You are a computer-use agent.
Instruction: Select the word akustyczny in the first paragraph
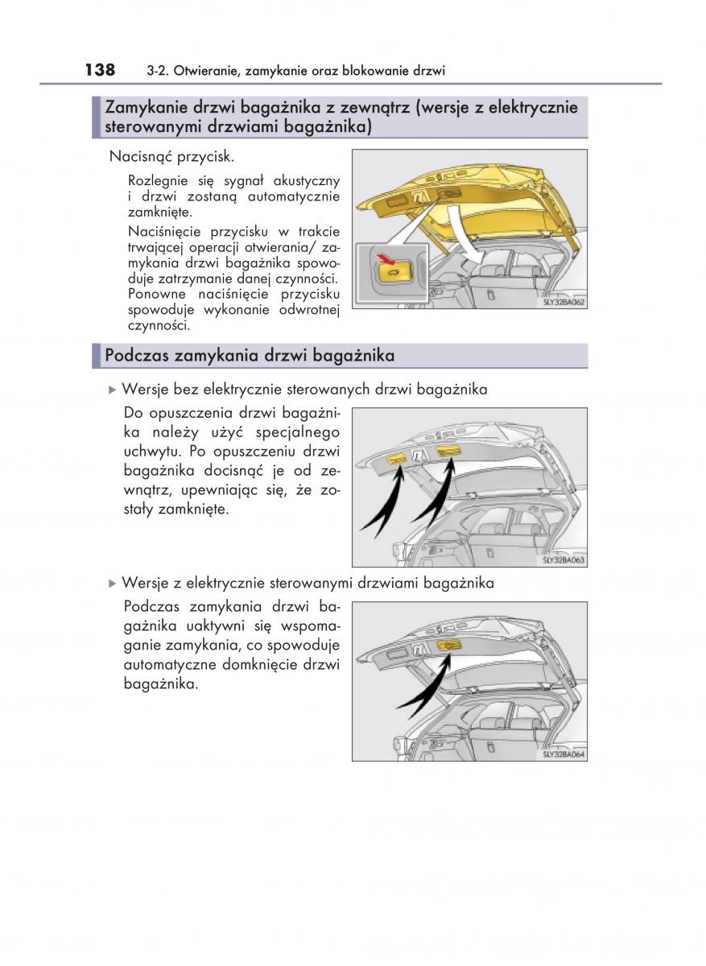tap(308, 181)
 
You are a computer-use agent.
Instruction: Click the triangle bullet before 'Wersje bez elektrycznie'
tap(113, 390)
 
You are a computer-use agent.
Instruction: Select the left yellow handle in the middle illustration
tap(397, 458)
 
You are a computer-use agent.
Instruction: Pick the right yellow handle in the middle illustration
tap(448, 451)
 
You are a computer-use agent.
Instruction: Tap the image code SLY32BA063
tap(564, 559)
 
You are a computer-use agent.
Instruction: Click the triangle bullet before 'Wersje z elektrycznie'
tap(113, 583)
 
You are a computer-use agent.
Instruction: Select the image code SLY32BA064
tap(564, 754)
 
